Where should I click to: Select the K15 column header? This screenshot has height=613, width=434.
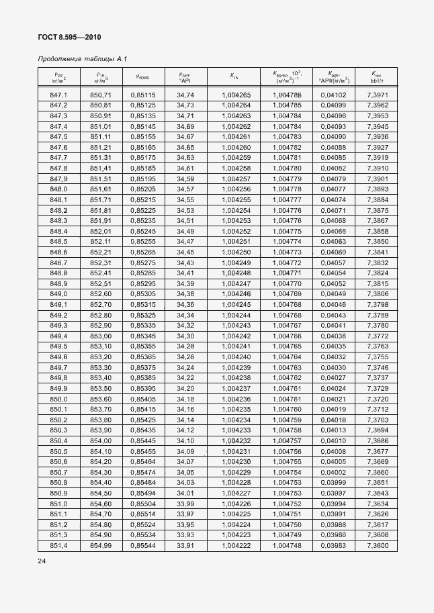[x=234, y=77]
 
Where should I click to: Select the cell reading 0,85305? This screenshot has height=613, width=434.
[x=142, y=293]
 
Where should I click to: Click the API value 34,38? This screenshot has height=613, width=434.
[x=185, y=293]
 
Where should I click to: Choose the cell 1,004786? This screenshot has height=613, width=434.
[x=287, y=95]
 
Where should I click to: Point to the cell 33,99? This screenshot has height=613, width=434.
[x=185, y=503]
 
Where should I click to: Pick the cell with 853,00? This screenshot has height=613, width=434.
[x=101, y=336]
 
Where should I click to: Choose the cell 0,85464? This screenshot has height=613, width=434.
[x=142, y=461]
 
